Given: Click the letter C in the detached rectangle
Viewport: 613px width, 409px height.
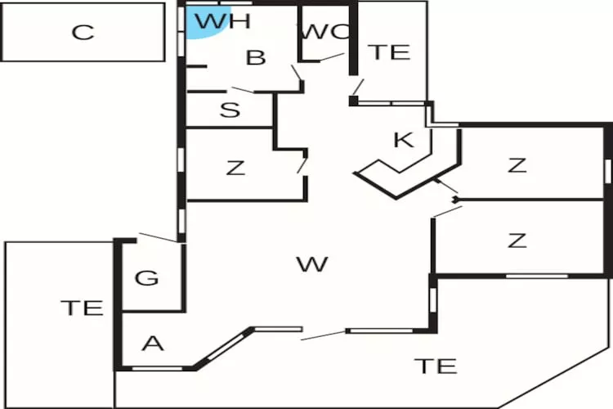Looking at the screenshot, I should [83, 33].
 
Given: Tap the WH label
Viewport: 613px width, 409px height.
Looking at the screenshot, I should [222, 21].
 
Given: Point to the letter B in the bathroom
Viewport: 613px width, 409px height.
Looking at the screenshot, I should [256, 58].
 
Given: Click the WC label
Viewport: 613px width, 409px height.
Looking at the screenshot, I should [325, 33].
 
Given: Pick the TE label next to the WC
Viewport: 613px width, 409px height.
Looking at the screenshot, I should [389, 52].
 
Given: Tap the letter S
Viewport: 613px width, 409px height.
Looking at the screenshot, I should [230, 110].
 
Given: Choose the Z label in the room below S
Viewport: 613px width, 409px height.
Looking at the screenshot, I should [235, 169].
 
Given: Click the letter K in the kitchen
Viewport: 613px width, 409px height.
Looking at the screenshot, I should [403, 140].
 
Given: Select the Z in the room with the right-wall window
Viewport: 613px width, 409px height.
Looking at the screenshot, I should [517, 165].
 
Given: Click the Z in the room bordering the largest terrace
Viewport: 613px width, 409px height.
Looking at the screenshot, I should [517, 240].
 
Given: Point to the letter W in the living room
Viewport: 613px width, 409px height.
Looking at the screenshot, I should [312, 264].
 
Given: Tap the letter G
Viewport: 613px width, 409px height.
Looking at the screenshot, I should [146, 278].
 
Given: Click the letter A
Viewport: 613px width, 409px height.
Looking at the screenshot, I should [152, 344].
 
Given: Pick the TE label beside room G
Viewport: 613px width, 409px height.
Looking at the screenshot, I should [83, 308].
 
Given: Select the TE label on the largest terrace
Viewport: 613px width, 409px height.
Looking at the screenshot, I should [435, 366].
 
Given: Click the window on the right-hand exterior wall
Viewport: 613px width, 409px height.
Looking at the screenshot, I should [607, 170].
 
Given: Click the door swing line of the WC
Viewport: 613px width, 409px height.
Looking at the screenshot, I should [332, 57].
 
